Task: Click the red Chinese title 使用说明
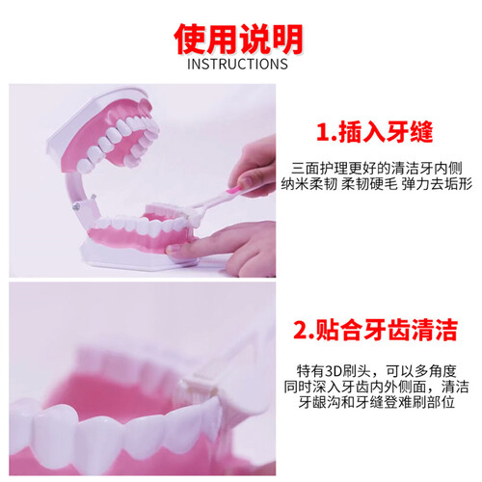238,40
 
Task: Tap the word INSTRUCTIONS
237,64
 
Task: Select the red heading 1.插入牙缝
375,132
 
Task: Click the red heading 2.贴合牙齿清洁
375,330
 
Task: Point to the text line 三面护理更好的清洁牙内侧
377,168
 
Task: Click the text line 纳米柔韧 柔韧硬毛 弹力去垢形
377,184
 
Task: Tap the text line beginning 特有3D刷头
376,371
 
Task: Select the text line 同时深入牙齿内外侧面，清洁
376,387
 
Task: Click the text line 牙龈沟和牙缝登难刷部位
376,402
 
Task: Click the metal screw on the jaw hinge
76,207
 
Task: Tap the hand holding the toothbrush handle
255,167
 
